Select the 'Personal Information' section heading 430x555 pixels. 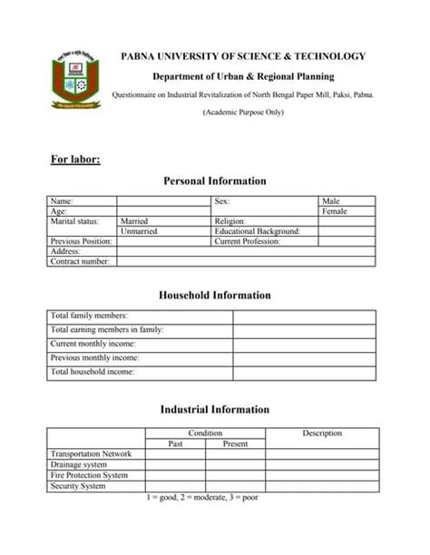point(215,181)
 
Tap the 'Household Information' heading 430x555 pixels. point(215,296)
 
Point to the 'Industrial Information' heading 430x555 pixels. point(215,410)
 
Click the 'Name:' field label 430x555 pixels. point(62,200)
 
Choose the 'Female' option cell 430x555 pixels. point(335,211)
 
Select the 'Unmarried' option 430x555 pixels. point(139,231)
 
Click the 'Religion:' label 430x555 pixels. point(230,221)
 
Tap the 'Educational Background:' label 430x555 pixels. point(257,231)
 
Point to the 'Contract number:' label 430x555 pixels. point(80,261)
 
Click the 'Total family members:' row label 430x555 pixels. point(89,316)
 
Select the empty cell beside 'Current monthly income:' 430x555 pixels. point(304,344)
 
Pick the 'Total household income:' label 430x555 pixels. point(93,372)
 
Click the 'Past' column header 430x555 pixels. point(175,444)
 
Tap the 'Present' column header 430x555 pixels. point(235,444)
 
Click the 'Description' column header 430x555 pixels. point(322,433)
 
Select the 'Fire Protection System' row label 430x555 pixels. point(89,475)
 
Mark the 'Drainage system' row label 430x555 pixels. point(79,464)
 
